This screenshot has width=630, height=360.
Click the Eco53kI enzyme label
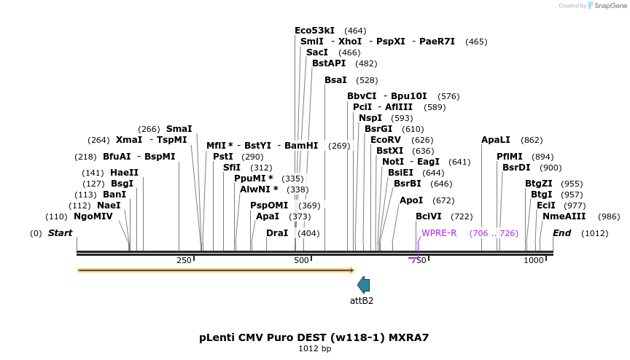point(314,31)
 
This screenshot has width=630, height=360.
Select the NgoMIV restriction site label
point(93,216)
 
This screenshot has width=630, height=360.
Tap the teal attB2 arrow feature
point(363,285)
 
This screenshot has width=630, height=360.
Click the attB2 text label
point(362,300)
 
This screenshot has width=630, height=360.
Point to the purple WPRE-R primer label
point(439,233)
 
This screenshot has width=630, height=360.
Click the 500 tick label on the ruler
point(301,260)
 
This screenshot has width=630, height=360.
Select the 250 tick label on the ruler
point(184,260)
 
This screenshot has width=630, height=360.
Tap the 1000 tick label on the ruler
point(534,260)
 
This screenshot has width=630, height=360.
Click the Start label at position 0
point(61,233)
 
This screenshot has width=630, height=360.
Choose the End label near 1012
point(561,233)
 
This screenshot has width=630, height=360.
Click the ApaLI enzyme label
point(496,140)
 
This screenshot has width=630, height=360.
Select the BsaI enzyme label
point(335,80)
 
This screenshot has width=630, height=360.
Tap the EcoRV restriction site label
point(386,140)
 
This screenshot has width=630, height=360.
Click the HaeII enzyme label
point(124,173)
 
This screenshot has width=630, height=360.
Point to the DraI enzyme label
point(277,233)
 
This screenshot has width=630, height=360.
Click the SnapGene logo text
point(610,6)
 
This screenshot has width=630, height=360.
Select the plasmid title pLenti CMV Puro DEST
point(314,337)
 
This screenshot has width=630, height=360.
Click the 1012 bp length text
point(314,349)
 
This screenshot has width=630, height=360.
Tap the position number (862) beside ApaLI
point(532,140)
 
